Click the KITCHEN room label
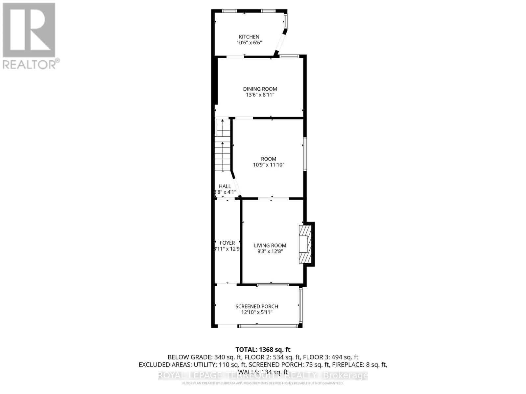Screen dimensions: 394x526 249,37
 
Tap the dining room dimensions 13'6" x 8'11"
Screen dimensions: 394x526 260,95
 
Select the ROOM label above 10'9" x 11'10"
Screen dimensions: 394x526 269,159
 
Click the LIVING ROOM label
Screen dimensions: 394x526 270,245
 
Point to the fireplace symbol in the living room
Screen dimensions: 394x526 304,244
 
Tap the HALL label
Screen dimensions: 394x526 225,186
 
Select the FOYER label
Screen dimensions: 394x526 227,243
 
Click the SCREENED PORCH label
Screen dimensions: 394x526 257,306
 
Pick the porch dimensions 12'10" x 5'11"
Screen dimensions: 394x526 257,312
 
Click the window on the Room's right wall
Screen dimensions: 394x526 305,154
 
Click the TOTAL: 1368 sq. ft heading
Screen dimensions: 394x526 263,350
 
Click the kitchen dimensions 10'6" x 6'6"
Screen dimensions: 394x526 249,43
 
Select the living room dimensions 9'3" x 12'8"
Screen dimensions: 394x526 270,252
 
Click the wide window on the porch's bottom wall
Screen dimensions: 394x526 268,326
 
